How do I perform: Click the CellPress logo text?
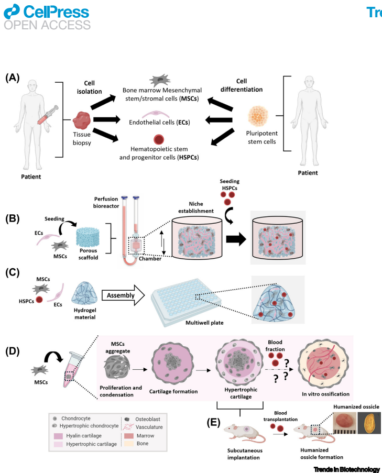point(53,10)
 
